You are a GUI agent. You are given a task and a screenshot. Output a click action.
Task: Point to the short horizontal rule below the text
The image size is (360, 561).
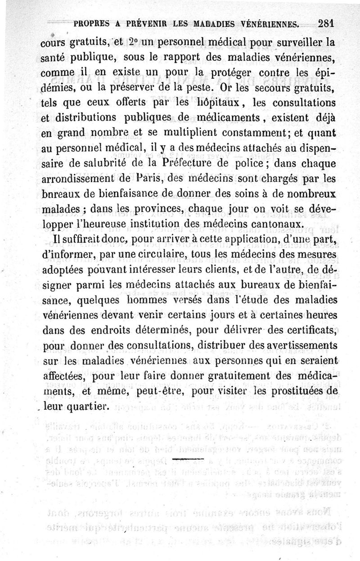192,460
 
